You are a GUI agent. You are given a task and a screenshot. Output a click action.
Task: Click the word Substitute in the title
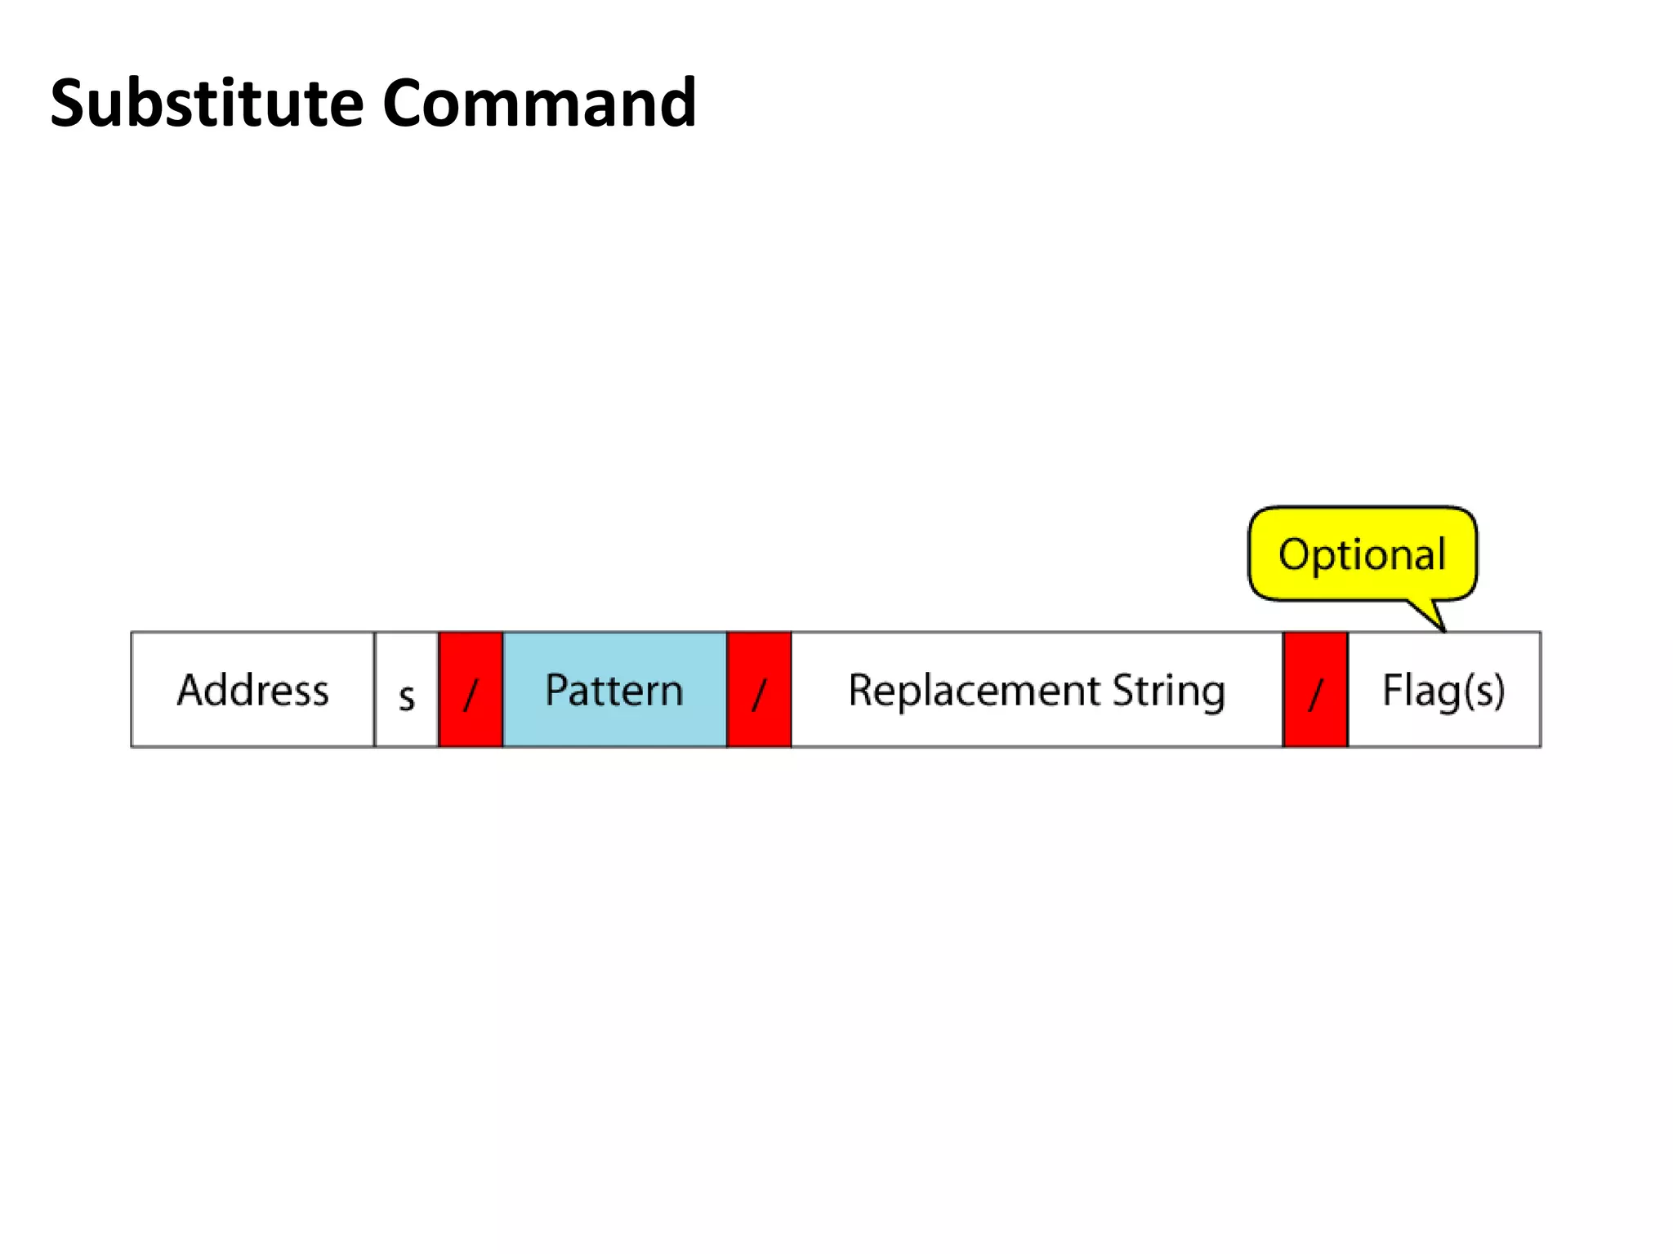pyautogui.click(x=207, y=104)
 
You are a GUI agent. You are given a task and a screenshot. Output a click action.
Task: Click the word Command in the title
pyautogui.click(x=539, y=104)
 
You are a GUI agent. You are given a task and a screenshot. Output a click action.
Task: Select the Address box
pyautogui.click(x=252, y=689)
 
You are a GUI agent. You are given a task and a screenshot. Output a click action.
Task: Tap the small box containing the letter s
pyautogui.click(x=406, y=690)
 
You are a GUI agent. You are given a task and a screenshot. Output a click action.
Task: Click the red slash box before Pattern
pyautogui.click(x=471, y=690)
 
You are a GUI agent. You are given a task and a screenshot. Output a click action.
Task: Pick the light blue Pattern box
pyautogui.click(x=614, y=690)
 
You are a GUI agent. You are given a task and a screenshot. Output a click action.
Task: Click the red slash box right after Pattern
pyautogui.click(x=759, y=690)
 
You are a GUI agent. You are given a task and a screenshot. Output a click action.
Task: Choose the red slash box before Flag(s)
pyautogui.click(x=1315, y=690)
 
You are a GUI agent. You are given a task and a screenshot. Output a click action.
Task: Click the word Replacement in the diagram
pyautogui.click(x=974, y=691)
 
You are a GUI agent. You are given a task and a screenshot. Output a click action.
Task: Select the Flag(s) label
pyautogui.click(x=1443, y=691)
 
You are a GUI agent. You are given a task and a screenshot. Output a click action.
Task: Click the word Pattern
pyautogui.click(x=614, y=691)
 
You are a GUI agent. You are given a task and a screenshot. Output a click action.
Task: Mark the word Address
pyautogui.click(x=252, y=690)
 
